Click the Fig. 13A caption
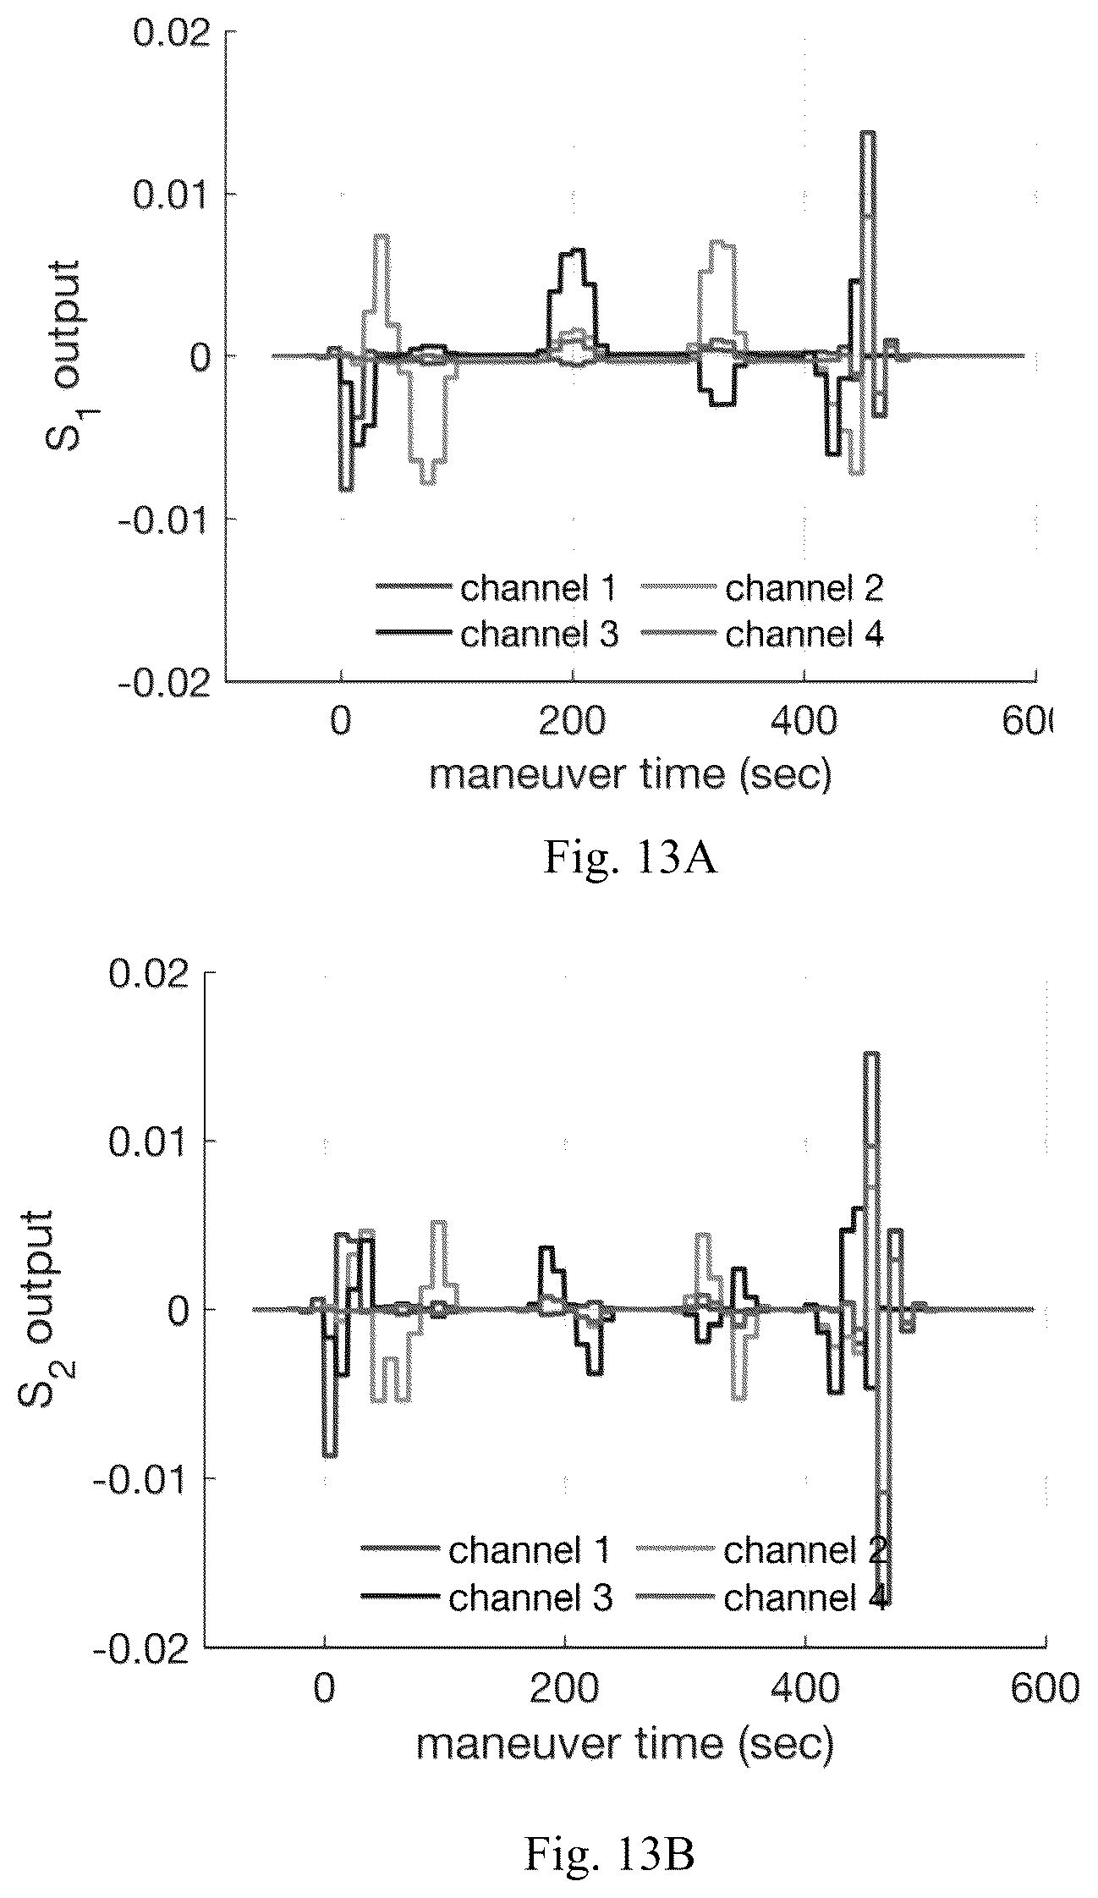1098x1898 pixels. (630, 858)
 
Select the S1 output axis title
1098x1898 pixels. (65, 355)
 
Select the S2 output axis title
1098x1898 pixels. (38, 1309)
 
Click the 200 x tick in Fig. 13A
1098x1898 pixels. (573, 721)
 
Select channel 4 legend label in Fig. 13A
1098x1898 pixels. (804, 634)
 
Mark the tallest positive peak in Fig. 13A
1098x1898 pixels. (868, 133)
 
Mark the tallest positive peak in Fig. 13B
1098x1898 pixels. (871, 1054)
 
